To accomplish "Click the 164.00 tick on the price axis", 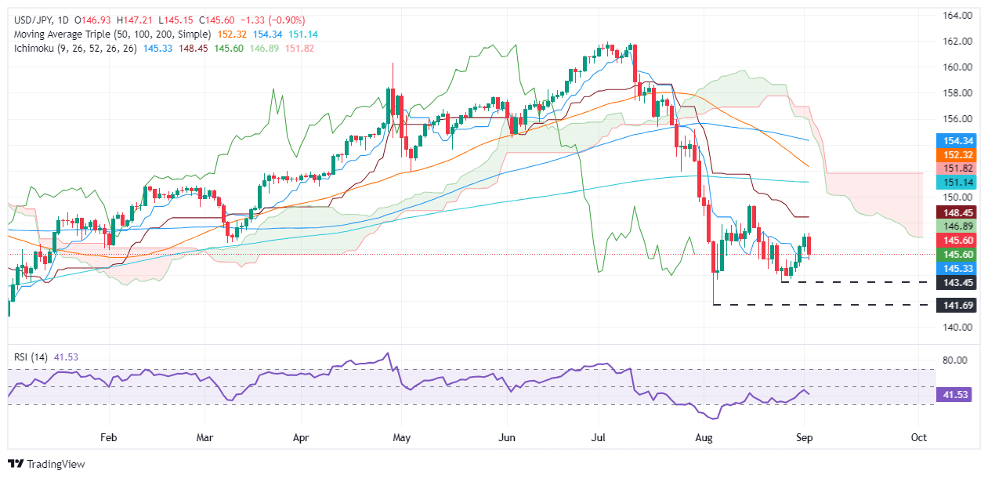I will click(958, 15).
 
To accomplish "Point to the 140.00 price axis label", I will click(958, 327).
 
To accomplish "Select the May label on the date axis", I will click(401, 436).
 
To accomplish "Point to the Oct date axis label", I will click(920, 436).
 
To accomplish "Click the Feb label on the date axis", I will click(109, 436).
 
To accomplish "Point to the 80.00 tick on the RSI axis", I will click(958, 360).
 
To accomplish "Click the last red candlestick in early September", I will click(809, 244).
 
